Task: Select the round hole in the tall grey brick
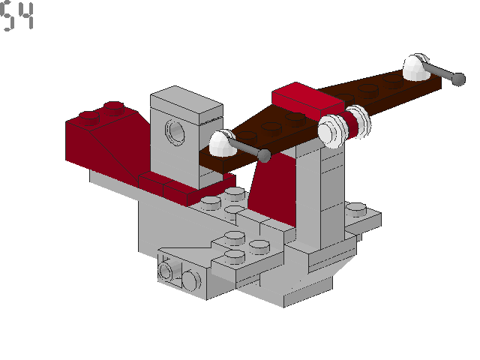tap(176, 133)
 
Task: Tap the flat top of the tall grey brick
tap(187, 103)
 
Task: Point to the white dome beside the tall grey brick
tap(221, 143)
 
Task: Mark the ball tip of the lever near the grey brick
tap(264, 155)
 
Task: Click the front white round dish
tap(331, 130)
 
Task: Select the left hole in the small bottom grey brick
tap(169, 270)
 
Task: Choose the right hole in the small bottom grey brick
tap(190, 280)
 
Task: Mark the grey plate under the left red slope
tap(112, 181)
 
